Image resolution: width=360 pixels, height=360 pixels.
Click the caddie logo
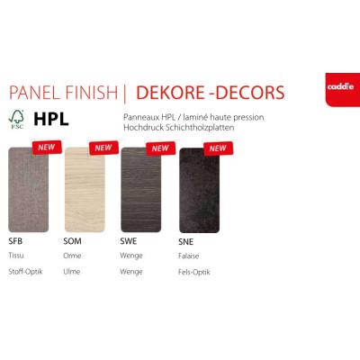point(343,90)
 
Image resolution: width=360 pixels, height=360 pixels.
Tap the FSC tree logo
point(16,120)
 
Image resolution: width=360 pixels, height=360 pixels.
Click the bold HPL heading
point(51,120)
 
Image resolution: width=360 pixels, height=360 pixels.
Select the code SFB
point(15,241)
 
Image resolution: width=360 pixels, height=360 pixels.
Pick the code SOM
point(72,241)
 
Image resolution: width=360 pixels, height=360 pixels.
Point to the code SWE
point(129,241)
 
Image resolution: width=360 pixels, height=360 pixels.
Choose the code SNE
point(185,242)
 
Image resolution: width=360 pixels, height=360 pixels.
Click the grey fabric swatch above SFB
point(29,190)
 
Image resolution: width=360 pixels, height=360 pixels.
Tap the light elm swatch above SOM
point(85,190)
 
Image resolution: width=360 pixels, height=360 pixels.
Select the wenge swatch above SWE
point(141,190)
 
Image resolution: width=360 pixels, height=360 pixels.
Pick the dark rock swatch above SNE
point(199,191)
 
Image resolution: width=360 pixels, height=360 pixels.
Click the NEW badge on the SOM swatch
point(103,148)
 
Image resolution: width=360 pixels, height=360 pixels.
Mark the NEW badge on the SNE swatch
point(218,148)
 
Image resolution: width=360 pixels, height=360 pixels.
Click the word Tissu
point(16,256)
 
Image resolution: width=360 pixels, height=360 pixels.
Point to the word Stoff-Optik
point(25,272)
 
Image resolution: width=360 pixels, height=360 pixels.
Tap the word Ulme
point(72,272)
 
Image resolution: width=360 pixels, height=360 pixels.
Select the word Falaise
point(188,256)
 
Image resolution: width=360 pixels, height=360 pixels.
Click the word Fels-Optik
point(194,273)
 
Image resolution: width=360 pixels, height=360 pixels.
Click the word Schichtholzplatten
point(198,128)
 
